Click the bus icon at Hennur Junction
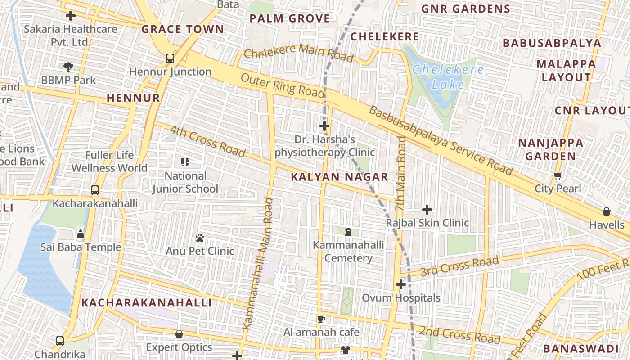point(170,58)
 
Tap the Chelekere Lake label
point(448,77)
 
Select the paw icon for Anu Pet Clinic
point(200,237)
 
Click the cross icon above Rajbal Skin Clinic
point(427,209)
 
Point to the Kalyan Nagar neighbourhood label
point(339,177)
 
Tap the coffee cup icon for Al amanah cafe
point(321,319)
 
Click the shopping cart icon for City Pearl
point(558,175)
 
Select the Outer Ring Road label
point(283,85)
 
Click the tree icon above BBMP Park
point(68,67)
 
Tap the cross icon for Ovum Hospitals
point(401,284)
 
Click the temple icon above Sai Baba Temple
point(81,234)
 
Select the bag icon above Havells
point(607,211)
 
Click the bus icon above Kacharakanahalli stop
point(95,190)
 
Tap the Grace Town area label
point(183,30)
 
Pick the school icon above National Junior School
point(185,162)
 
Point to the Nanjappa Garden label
point(550,149)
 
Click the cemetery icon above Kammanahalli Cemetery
point(348,232)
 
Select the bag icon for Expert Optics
point(179,334)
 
